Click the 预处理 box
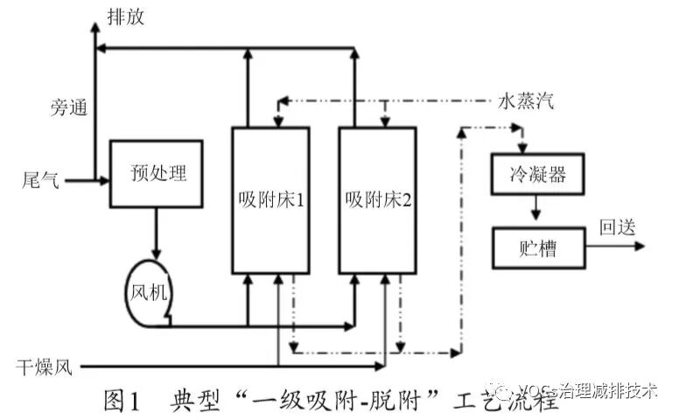156,173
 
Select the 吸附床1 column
269,199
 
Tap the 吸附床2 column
377,199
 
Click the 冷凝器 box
537,174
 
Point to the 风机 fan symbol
150,290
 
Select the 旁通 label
66,108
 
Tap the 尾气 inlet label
41,181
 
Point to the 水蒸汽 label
525,101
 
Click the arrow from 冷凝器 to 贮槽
537,211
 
